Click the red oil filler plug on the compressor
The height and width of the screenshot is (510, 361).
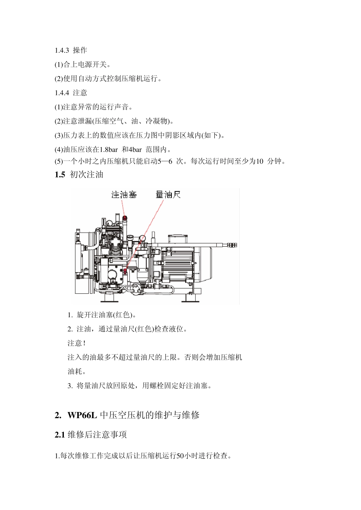pos(125,218)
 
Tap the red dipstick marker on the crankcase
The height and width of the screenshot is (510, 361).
pos(125,271)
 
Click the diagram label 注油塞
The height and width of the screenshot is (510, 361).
pos(124,195)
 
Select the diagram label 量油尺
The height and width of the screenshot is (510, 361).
pos(168,195)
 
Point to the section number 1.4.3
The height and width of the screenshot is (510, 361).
pos(62,50)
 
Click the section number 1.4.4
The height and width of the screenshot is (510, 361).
pos(62,93)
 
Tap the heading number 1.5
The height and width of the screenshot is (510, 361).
pos(60,175)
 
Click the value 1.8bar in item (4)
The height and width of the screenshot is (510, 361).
pos(109,150)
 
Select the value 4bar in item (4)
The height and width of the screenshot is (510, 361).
pos(135,150)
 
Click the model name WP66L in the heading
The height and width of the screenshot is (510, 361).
pos(82,415)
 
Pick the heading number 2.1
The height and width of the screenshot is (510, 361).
pos(60,435)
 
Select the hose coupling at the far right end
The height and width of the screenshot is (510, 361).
pos(232,245)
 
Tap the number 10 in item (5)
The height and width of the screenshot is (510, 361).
pos(260,161)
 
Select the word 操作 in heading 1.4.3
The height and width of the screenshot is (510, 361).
pos(80,50)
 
